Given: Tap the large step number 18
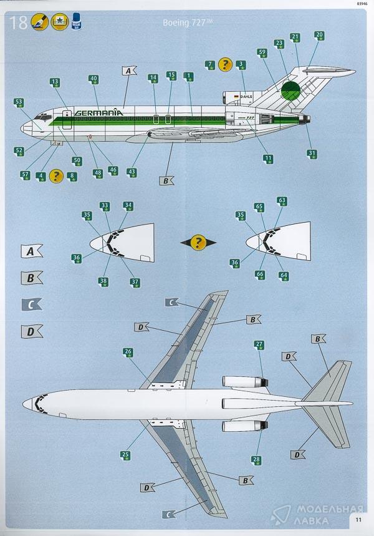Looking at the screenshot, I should coord(19,24).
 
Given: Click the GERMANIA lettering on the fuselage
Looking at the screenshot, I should coord(98,112).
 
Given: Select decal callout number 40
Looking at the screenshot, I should coord(93,80).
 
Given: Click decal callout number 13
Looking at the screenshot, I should coord(55,82).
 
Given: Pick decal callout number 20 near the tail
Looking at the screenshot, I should coord(319,36).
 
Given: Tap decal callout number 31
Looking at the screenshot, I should coord(312,153).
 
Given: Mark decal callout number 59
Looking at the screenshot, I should coord(262,53).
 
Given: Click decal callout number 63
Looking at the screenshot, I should coord(282,202).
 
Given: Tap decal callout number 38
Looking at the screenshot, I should coord(103,281).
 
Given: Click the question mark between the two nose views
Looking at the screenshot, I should coord(198,242).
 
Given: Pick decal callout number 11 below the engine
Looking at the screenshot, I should coord(268,158).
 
